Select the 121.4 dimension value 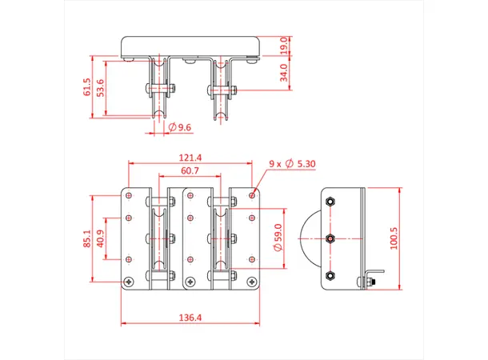click(x=190, y=158)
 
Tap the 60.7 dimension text click(x=190, y=171)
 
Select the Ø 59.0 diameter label click(x=278, y=238)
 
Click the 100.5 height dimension click(x=393, y=238)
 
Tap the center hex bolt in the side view click(x=330, y=238)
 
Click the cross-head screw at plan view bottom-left click(x=129, y=280)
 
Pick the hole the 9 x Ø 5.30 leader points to click(x=253, y=193)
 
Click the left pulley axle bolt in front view click(x=158, y=89)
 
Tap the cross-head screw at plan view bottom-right click(x=253, y=280)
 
